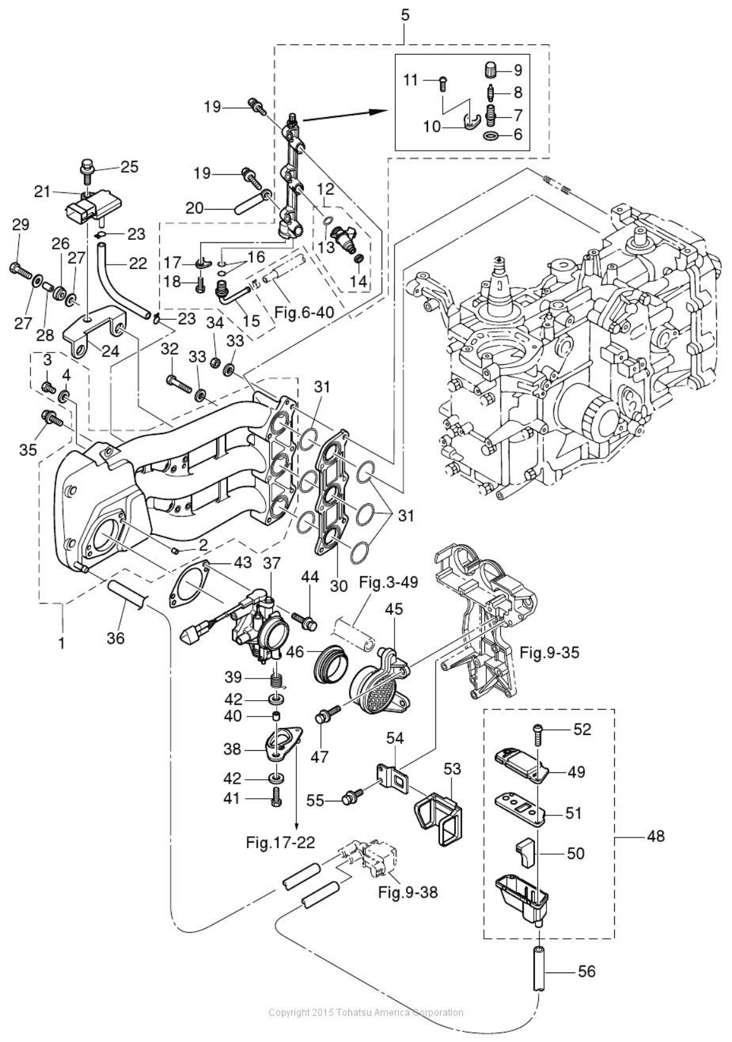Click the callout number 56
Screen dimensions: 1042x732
(x=586, y=970)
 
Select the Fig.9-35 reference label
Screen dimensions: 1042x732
(x=548, y=651)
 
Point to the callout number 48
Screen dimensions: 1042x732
(x=655, y=836)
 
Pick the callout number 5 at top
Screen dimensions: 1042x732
(x=405, y=16)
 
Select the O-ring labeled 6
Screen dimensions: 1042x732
(x=489, y=135)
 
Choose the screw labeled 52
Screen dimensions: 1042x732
(x=538, y=732)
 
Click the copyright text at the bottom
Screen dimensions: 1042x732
(x=365, y=1030)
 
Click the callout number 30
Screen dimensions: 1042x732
(x=339, y=586)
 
